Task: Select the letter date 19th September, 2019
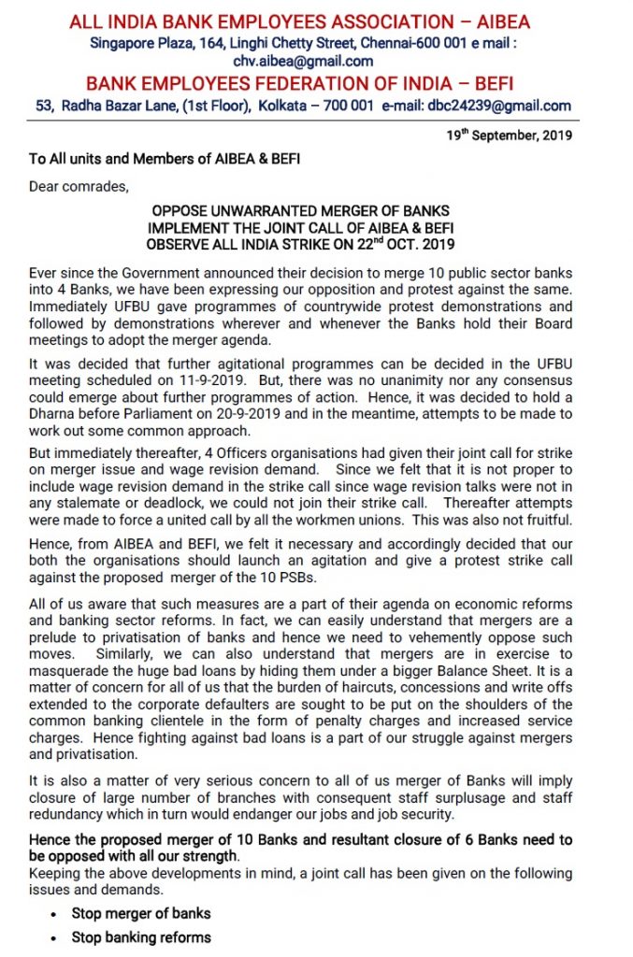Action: tap(511, 136)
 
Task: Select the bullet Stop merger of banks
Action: tap(141, 913)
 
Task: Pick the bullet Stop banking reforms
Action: tap(141, 936)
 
